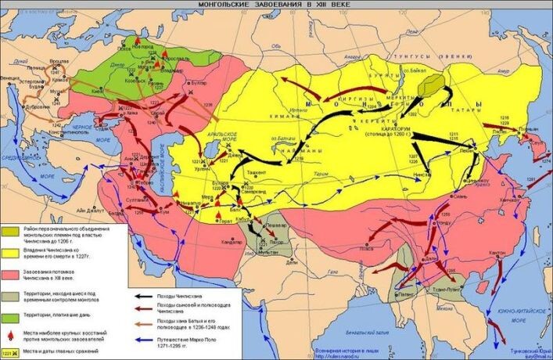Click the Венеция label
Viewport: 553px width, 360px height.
point(11,79)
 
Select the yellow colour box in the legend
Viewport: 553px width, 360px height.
point(11,252)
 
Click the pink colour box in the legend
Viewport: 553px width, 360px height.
point(11,274)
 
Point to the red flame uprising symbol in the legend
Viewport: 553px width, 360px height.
point(10,335)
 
